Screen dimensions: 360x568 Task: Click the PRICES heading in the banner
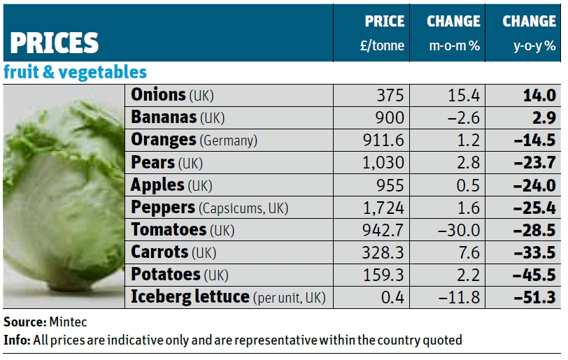(53, 43)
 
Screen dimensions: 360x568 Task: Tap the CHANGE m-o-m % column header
(453, 32)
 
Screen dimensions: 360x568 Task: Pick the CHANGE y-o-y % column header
(529, 32)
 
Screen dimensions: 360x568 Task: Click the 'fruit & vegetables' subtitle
(75, 72)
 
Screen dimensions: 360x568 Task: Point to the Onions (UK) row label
(172, 95)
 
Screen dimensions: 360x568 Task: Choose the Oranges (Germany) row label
(194, 140)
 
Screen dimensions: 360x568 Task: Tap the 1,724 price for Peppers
(384, 208)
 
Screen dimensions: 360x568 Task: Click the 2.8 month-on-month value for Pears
(468, 163)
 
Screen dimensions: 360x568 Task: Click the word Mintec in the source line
(69, 322)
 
